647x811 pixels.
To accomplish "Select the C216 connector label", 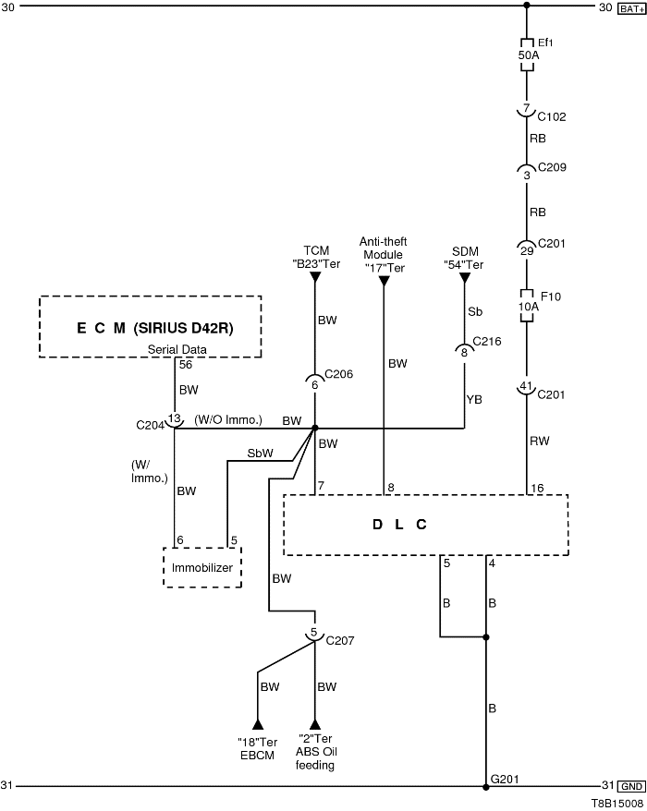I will point(486,341).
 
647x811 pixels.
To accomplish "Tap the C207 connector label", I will point(339,639).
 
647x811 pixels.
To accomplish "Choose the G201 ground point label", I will point(505,779).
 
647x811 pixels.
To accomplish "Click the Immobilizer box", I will point(202,567).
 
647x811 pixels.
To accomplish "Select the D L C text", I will point(399,524).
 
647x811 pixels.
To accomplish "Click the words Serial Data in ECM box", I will point(178,348).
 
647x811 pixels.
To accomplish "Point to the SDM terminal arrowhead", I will point(465,278).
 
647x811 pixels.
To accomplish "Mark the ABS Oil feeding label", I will point(316,753).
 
